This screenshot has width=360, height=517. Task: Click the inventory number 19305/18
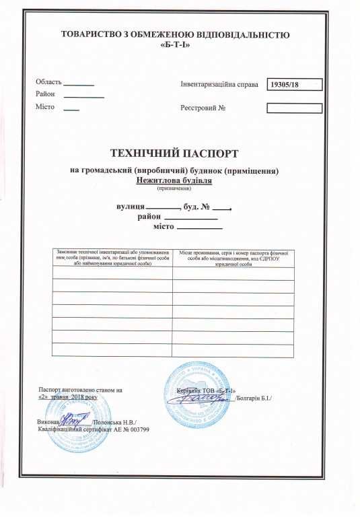coord(283,85)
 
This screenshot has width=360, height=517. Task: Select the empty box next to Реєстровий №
coord(294,108)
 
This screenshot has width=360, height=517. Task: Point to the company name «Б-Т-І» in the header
coord(174,46)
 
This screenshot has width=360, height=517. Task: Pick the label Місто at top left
coord(45,108)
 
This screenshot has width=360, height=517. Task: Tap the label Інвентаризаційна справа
coord(219,85)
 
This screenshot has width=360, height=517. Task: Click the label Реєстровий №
coord(207,108)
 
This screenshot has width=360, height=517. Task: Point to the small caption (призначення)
coord(174,188)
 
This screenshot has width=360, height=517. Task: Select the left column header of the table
coord(112,257)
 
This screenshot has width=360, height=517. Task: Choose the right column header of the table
coord(233,257)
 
